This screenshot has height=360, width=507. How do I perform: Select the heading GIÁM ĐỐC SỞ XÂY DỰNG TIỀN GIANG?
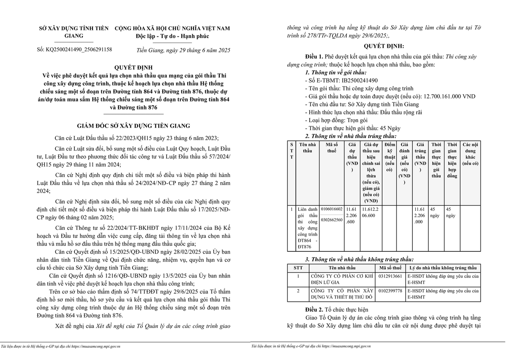pyautogui.click(x=134, y=125)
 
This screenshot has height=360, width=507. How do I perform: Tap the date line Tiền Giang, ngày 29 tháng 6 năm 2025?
pyautogui.click(x=183, y=50)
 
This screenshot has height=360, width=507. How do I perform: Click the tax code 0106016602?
pyautogui.click(x=332, y=209)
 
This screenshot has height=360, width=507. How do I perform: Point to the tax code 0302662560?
pyautogui.click(x=332, y=220)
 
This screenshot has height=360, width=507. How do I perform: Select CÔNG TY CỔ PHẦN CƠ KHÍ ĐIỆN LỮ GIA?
pyautogui.click(x=342, y=279)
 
